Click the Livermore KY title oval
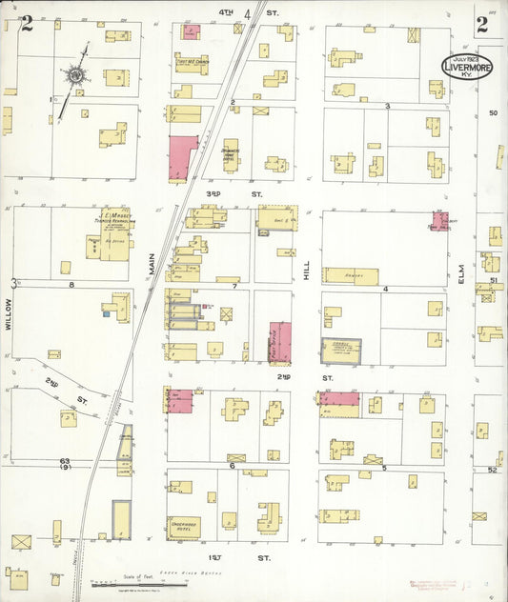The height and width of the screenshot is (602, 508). (x=466, y=66)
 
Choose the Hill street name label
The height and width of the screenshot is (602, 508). (x=306, y=272)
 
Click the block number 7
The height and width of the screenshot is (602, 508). (x=234, y=285)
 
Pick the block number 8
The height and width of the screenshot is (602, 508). (x=71, y=284)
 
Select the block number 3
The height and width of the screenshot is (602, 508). (x=386, y=106)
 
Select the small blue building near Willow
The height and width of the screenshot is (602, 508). (x=108, y=312)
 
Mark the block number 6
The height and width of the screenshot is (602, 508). (x=232, y=466)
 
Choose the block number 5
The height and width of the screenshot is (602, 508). (x=384, y=467)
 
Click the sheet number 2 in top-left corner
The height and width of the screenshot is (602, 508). (x=27, y=24)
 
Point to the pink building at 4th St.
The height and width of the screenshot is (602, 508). (x=191, y=32)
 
